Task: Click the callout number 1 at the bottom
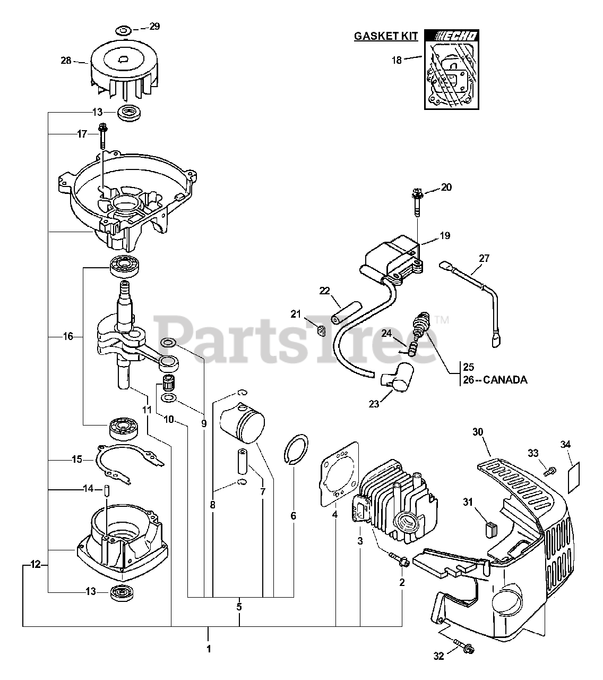(x=208, y=649)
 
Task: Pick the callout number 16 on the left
(x=67, y=336)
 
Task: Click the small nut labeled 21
(x=320, y=332)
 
